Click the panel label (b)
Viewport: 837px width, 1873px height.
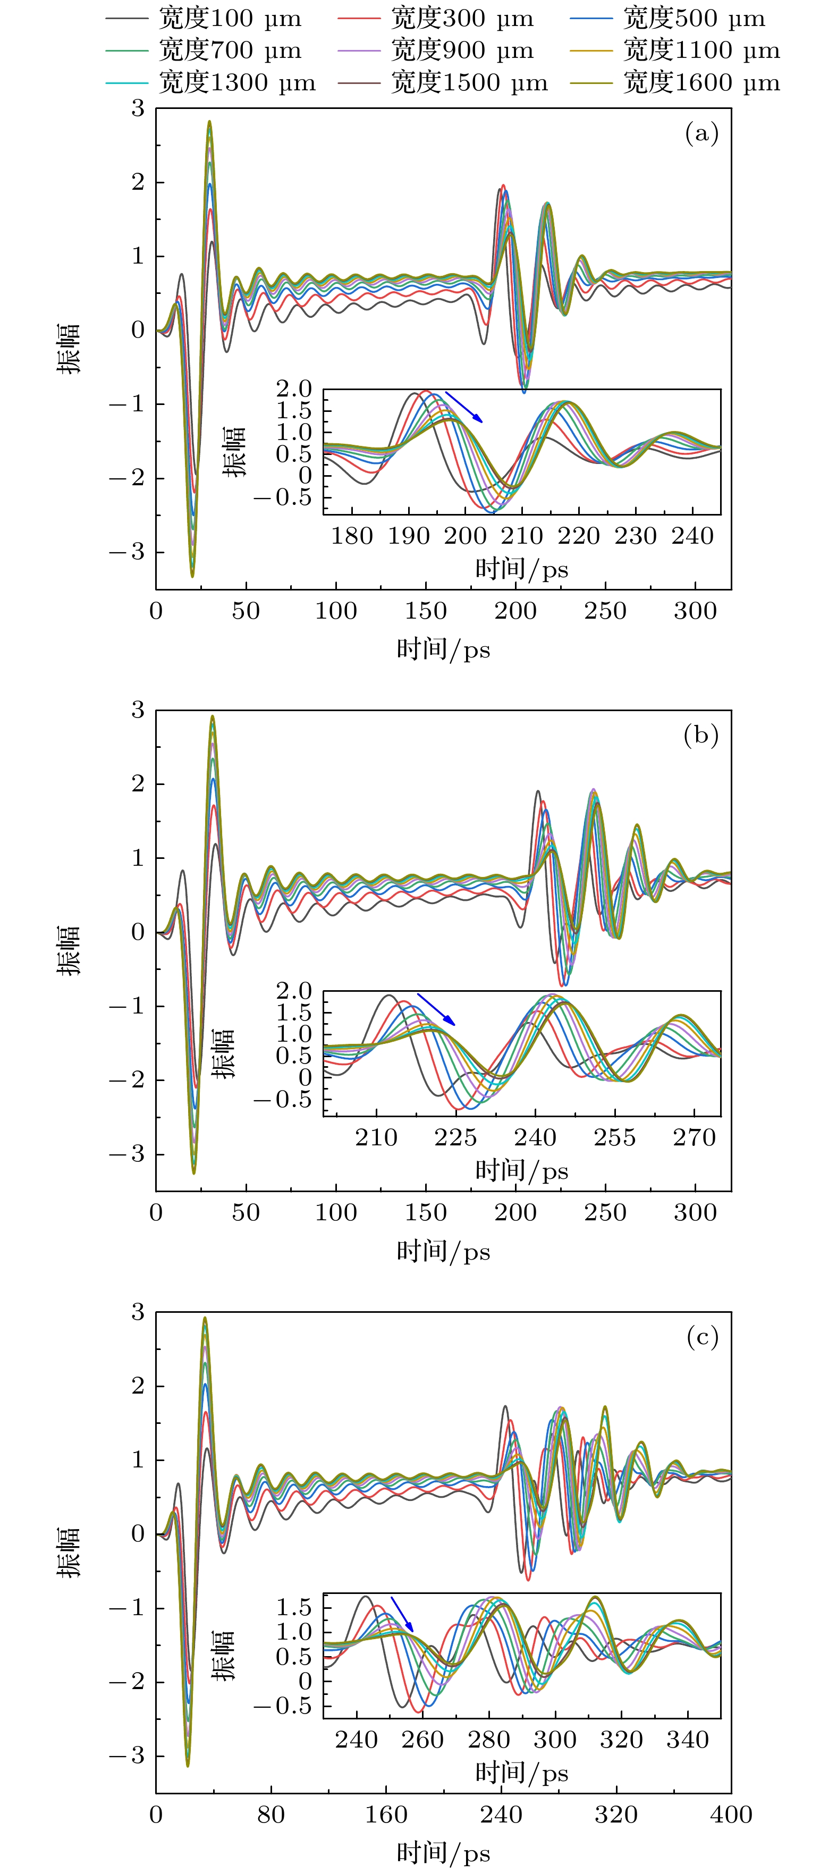701,735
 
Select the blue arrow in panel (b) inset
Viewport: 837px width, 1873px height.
436,1009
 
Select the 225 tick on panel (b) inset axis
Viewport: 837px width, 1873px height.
456,1138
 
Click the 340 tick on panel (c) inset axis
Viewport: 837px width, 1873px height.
687,1740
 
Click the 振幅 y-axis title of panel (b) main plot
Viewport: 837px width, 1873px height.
70,951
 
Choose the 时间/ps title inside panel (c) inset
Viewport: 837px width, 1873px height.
521,1773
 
